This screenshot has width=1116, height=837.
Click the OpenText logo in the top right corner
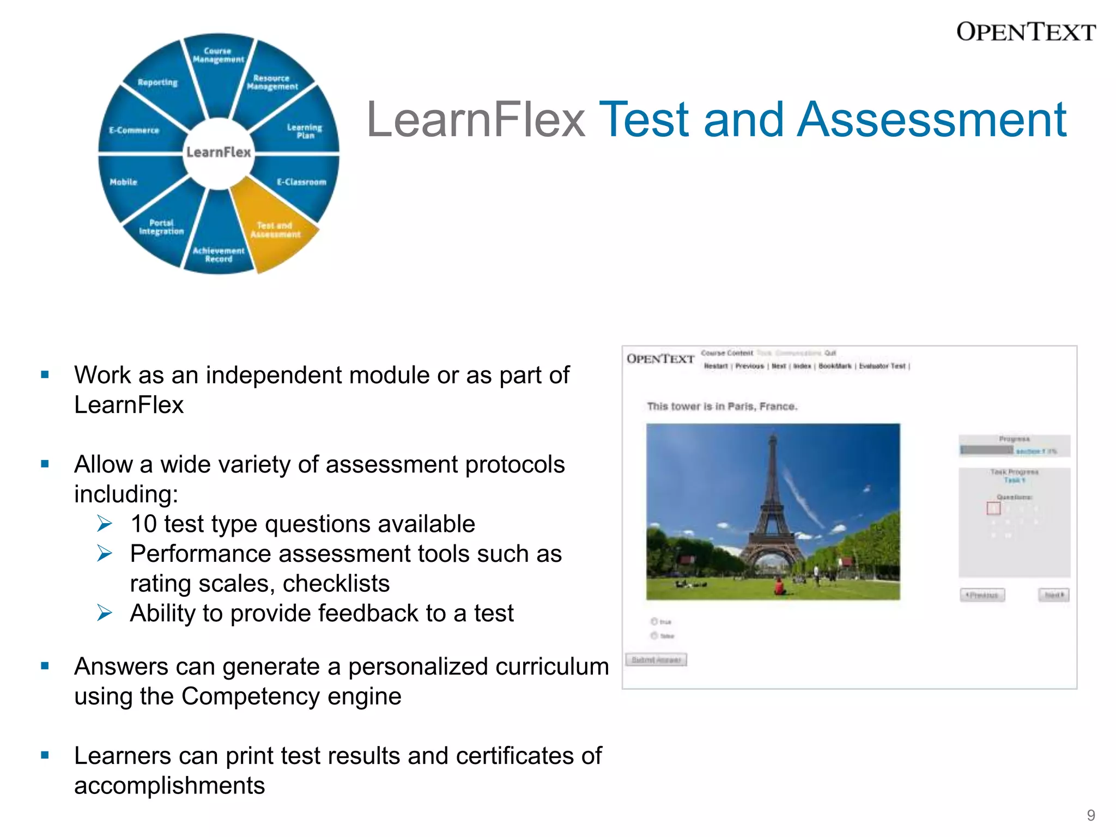[1026, 32]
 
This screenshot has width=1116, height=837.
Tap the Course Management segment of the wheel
[218, 55]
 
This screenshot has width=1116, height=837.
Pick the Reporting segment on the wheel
[157, 82]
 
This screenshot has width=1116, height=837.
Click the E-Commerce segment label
[134, 130]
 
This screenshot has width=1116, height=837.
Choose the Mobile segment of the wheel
[124, 182]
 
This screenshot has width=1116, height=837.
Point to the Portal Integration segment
[161, 227]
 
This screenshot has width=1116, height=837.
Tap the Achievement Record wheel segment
[219, 254]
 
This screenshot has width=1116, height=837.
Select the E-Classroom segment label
[301, 182]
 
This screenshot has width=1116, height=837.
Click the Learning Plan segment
[304, 131]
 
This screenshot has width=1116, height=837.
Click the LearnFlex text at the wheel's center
[219, 152]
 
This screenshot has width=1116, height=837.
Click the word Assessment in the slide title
[931, 120]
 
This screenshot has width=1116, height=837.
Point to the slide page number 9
[1090, 815]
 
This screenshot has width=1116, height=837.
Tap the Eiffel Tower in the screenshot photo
[773, 507]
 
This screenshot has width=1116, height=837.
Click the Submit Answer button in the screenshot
[656, 660]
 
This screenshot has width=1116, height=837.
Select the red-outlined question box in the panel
[993, 508]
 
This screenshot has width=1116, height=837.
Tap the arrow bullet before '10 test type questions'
[104, 524]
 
